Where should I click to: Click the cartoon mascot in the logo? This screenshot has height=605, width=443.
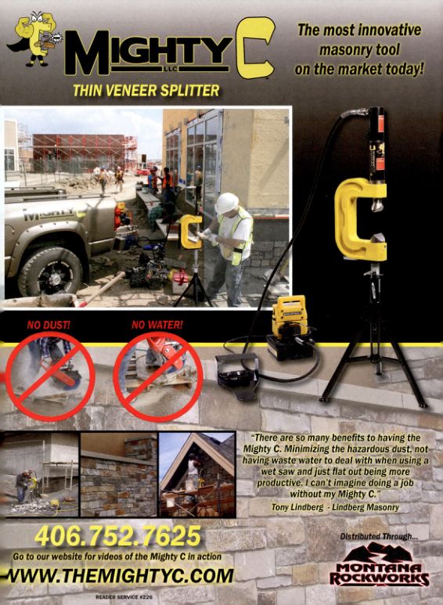pos(37,38)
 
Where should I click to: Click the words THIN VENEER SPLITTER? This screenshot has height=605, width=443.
pos(146,91)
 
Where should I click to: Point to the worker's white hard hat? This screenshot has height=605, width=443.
pos(227,203)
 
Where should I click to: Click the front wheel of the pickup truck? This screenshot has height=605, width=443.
pos(50,272)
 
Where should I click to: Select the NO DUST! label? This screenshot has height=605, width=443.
pos(49,326)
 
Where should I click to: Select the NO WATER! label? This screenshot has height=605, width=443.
pos(157,325)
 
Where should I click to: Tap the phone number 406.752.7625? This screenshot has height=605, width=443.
pos(118,536)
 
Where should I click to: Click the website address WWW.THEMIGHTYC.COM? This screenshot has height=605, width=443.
pos(119,576)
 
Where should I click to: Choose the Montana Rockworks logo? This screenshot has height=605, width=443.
pos(380,564)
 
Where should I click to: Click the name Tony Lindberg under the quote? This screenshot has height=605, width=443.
pos(297,507)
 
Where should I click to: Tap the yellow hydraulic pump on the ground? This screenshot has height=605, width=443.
pos(290,323)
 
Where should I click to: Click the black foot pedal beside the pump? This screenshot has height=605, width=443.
pos(238,374)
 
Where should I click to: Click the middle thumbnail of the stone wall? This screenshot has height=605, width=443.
pos(119,474)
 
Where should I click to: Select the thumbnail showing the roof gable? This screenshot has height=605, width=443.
pos(197,474)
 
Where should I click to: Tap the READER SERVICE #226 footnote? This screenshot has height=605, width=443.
pos(124,597)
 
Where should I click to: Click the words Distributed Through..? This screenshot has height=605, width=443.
pos(380,536)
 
